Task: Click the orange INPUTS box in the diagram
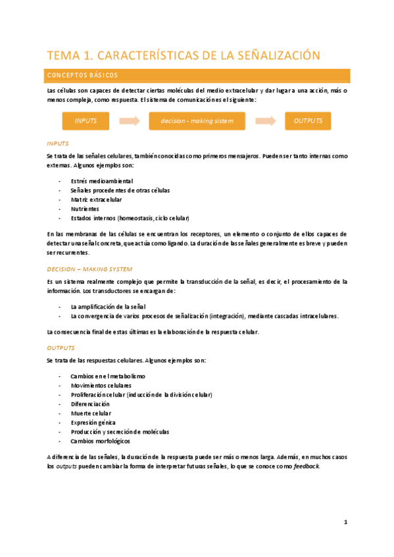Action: click(86, 121)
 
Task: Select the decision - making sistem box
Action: click(197, 121)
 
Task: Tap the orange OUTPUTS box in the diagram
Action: click(308, 121)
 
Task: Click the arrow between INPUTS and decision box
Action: click(130, 121)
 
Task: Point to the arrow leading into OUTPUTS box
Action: click(265, 121)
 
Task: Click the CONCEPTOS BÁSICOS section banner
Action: click(197, 75)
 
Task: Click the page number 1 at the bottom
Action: click(345, 522)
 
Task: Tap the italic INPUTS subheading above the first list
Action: click(58, 143)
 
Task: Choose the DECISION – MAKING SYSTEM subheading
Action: click(89, 269)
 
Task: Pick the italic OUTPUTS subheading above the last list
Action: click(61, 347)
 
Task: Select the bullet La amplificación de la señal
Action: click(108, 307)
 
